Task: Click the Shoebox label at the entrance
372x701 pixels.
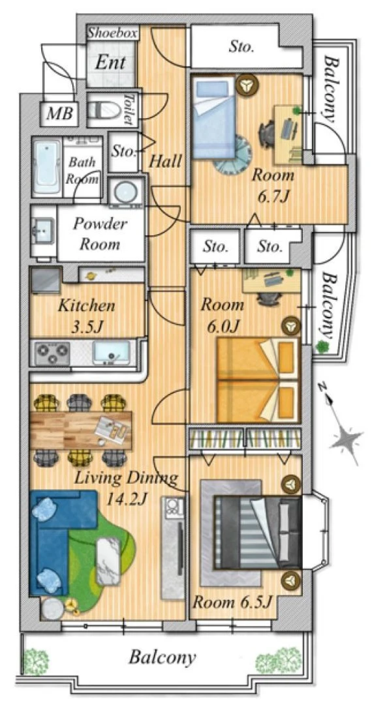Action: click(x=112, y=33)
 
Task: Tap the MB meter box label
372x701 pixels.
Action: click(x=59, y=113)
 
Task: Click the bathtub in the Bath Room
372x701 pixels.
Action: click(x=47, y=167)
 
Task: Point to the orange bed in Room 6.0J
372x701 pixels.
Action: click(x=258, y=380)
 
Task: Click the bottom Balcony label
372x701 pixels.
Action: click(x=163, y=657)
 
